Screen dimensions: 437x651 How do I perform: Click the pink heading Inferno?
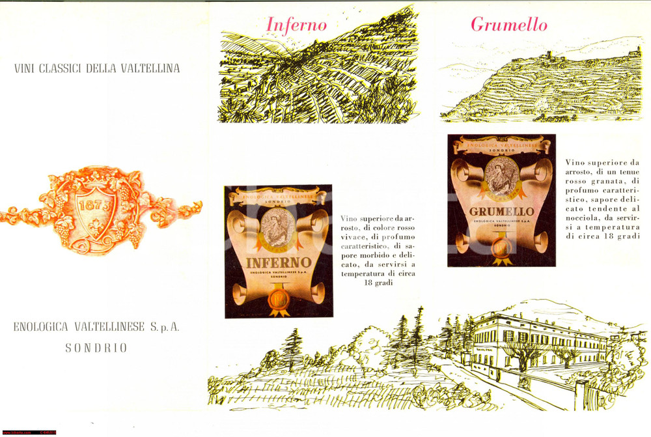pos(296,25)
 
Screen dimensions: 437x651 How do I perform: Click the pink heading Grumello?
pos(508,25)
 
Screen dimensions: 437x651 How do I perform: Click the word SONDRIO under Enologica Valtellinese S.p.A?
pos(96,348)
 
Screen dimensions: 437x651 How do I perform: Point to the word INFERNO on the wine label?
pos(278,265)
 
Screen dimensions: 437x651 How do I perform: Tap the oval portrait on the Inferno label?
pos(278,228)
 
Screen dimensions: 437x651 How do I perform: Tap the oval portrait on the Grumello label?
pos(501,174)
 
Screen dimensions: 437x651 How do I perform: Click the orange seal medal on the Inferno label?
pos(279,303)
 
